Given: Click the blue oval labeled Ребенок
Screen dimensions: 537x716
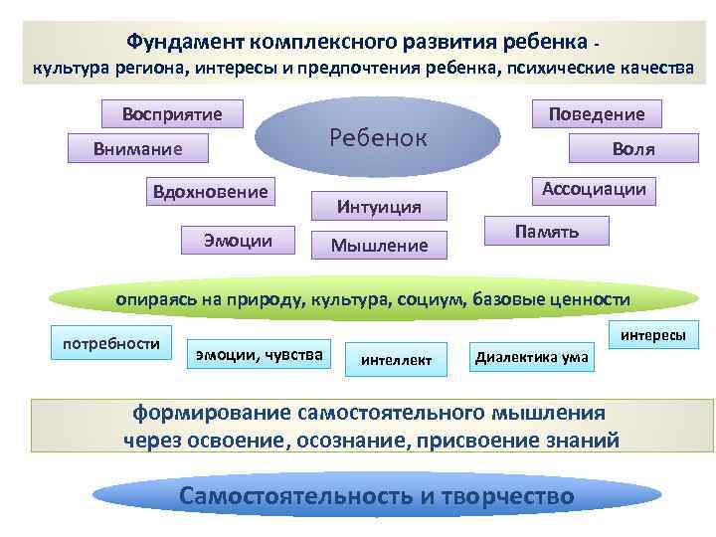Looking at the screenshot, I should click(378, 139).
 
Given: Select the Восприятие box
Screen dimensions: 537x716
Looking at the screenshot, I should click(173, 114).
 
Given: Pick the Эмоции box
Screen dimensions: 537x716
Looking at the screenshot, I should click(239, 240).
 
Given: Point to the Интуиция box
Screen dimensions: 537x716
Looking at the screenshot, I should click(379, 207).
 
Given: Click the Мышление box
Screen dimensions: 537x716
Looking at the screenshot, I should click(379, 245).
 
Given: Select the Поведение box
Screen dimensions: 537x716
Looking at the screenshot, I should click(597, 114).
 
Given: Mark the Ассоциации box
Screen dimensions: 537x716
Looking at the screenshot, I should click(593, 189).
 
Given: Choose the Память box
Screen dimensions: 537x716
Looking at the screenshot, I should click(547, 231).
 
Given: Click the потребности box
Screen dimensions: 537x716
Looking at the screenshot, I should click(111, 343).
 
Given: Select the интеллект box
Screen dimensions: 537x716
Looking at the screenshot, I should click(396, 360).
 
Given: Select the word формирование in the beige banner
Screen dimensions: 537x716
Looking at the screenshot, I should click(206, 413).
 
